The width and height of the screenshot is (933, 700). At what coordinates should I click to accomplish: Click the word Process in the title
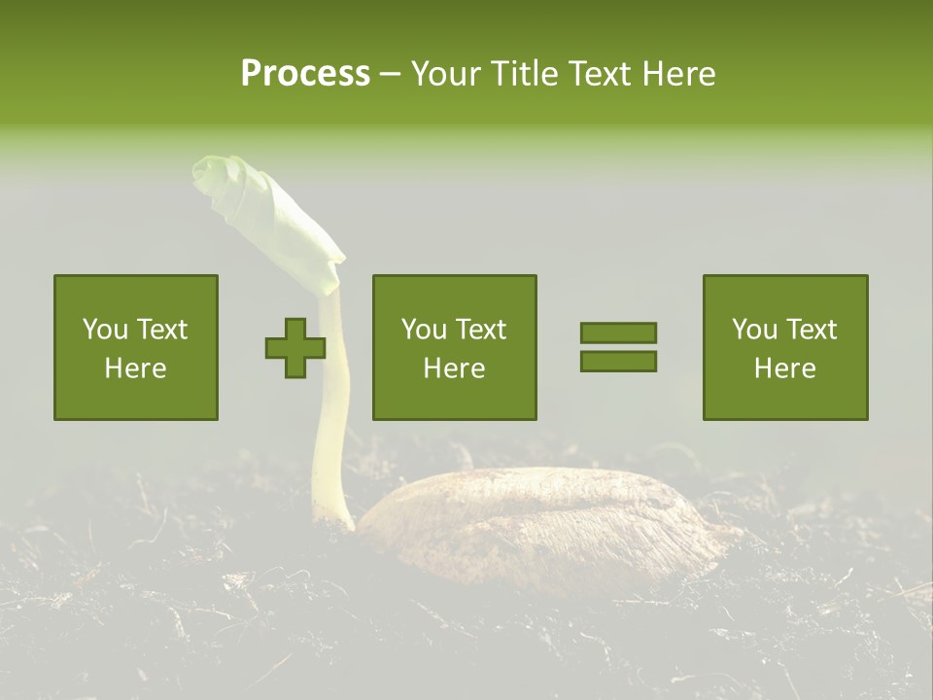tap(305, 73)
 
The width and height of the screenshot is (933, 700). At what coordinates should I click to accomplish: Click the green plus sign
tap(295, 348)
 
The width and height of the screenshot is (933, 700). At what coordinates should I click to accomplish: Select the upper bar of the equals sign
tap(618, 332)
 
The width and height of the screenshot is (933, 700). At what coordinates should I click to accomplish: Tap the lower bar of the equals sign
tap(618, 362)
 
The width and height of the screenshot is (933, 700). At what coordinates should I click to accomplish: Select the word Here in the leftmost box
tap(136, 368)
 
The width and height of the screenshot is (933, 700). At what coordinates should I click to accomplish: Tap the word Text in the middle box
tap(481, 330)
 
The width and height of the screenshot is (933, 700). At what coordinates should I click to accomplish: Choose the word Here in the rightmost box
tap(785, 368)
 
